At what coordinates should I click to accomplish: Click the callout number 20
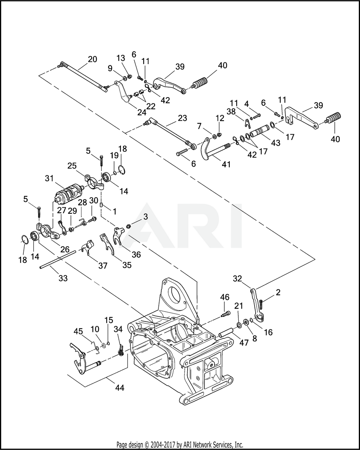(93, 59)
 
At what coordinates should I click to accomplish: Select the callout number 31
(49, 178)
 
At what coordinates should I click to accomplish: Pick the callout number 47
(244, 343)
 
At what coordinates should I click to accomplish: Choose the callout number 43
(276, 143)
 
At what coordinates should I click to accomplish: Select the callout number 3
(145, 216)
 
